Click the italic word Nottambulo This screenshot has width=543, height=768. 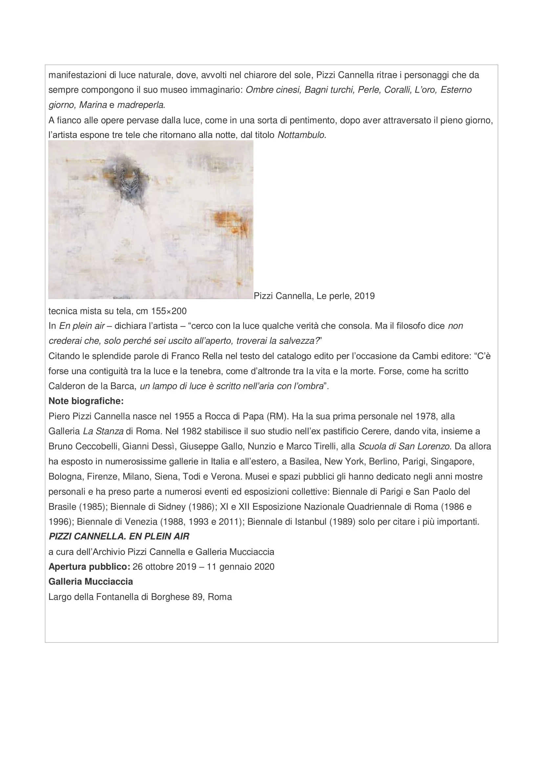coord(301,135)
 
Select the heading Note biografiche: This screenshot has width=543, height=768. coord(86,401)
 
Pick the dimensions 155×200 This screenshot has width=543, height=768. coord(169,311)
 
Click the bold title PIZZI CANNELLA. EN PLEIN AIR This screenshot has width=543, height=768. coord(119,537)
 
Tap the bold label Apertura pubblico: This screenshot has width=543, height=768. coord(89,567)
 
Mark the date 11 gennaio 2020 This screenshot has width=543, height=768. coord(240,567)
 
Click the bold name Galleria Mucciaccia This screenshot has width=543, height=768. coord(91,582)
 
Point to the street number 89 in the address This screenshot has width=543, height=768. coord(197,597)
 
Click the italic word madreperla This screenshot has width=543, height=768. coord(141,105)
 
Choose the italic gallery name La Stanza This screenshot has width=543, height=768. coord(103,431)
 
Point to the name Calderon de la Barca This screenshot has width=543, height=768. coord(92,386)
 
